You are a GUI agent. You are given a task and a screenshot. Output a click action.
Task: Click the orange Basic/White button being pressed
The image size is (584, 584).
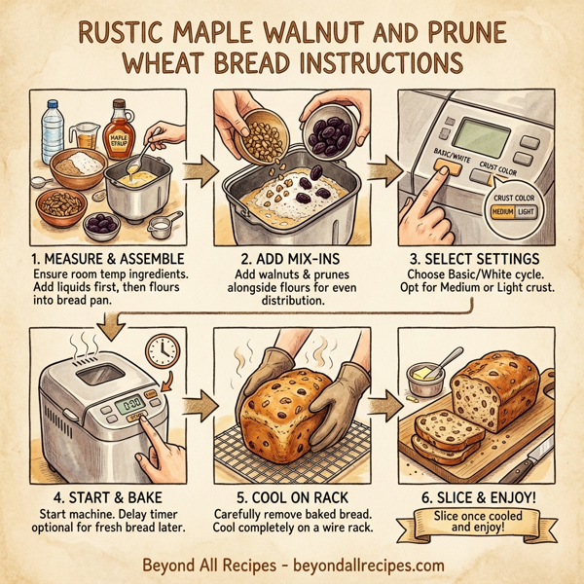[447, 169]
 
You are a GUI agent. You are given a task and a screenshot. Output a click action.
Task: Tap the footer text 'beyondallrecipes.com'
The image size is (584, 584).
[363, 565]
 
